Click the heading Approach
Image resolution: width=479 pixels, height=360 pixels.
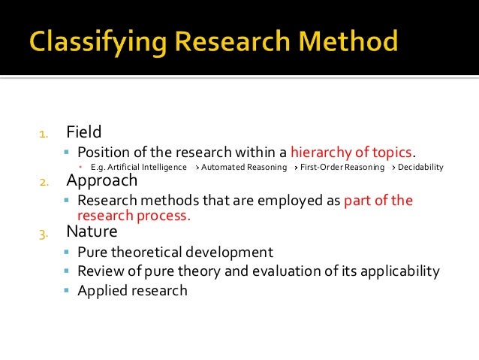coord(102,181)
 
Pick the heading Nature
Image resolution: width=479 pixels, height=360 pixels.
coord(92,231)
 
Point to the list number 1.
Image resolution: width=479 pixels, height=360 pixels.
coord(44,135)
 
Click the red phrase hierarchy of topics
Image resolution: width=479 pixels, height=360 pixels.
coord(351,151)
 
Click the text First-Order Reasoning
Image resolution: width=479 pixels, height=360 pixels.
coord(340,168)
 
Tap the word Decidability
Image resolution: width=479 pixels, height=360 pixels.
coord(420,168)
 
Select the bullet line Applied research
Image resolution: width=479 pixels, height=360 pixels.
coord(132,290)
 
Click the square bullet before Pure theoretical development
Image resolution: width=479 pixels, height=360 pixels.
coord(67,252)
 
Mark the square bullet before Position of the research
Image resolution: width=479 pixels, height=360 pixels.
coord(67,152)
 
